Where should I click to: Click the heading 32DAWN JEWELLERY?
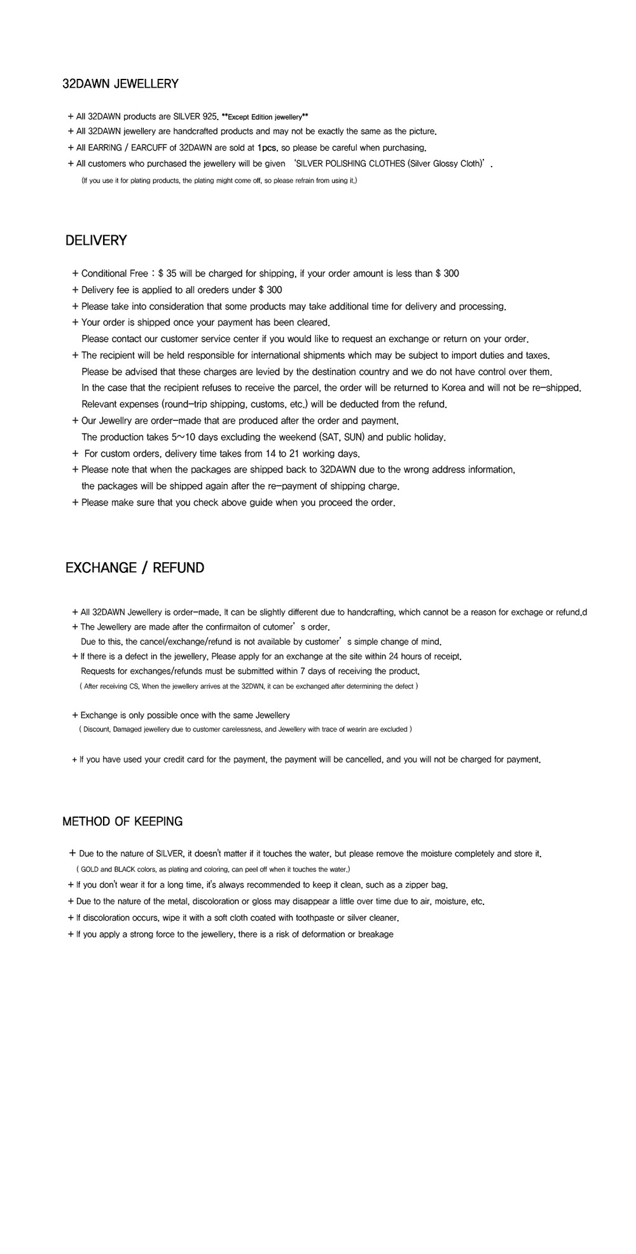[120, 84]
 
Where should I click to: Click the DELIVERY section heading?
[96, 240]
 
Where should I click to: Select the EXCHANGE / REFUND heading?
[135, 568]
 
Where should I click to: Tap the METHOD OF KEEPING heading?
[122, 822]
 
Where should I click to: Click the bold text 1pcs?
[267, 148]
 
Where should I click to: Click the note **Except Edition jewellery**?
[265, 117]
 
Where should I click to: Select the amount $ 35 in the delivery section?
[167, 273]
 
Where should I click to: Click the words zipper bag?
[427, 885]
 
